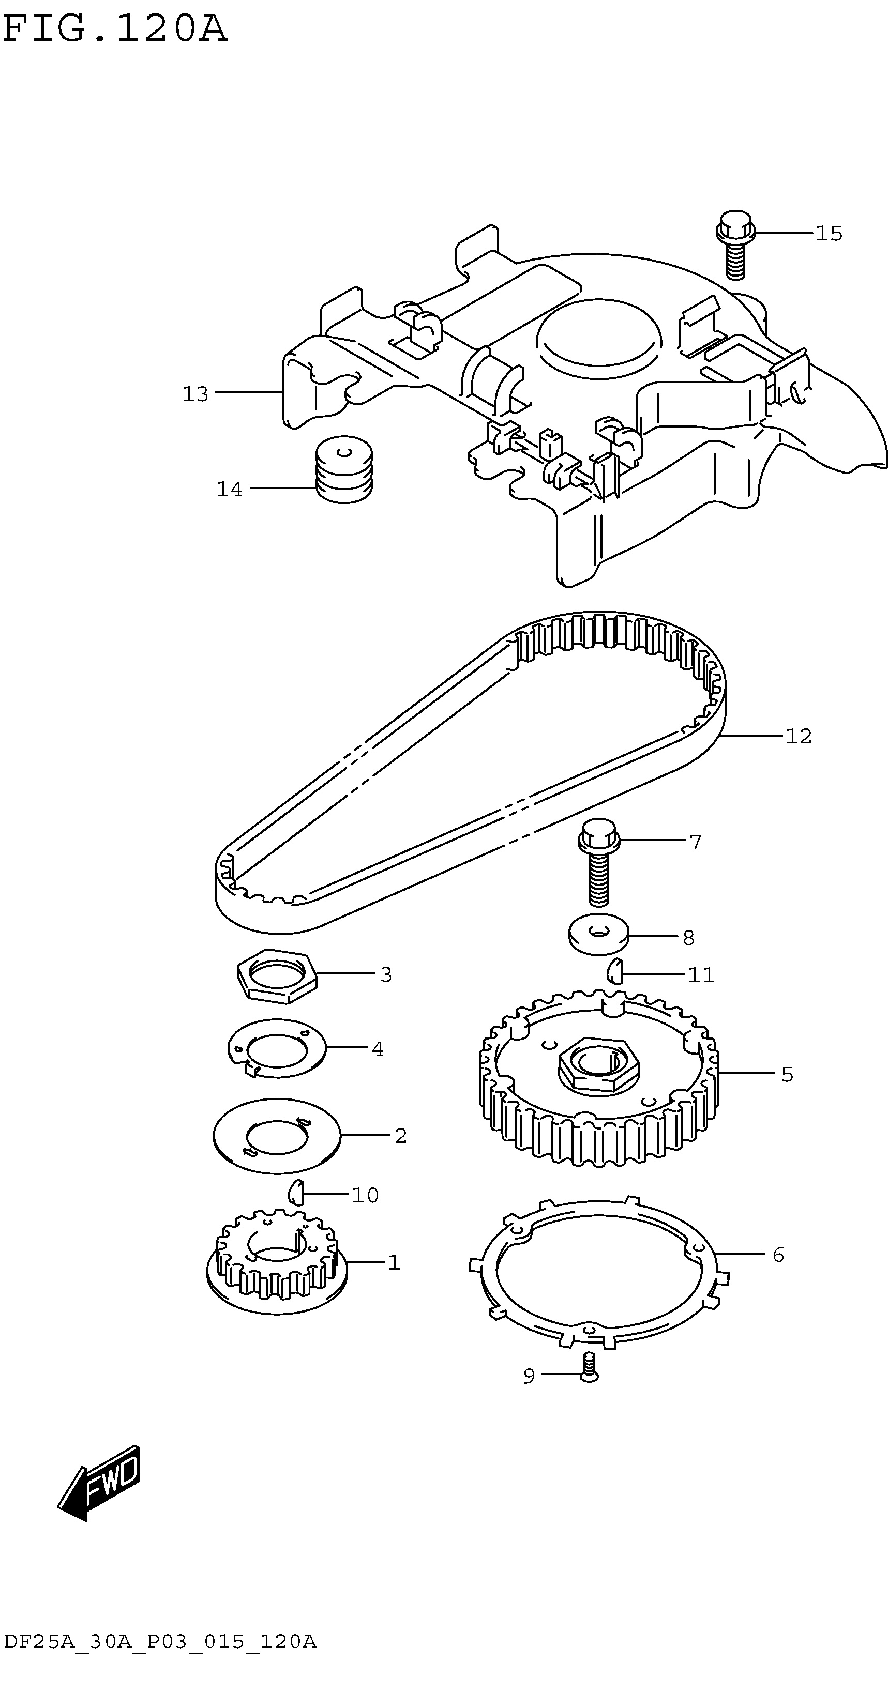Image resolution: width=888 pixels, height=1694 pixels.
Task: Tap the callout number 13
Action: (195, 394)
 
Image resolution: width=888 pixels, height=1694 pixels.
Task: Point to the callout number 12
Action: (799, 736)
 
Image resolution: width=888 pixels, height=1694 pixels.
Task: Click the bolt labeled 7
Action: (598, 861)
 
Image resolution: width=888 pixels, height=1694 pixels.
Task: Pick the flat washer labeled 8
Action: (598, 933)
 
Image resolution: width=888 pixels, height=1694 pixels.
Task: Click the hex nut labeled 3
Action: (277, 976)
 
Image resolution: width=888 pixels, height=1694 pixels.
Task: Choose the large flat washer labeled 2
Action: (277, 1136)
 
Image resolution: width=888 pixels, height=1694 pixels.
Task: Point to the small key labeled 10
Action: (295, 1191)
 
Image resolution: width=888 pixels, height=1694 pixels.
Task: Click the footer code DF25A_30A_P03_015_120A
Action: (160, 1655)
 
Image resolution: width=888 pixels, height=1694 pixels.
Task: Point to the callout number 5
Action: (787, 1075)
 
